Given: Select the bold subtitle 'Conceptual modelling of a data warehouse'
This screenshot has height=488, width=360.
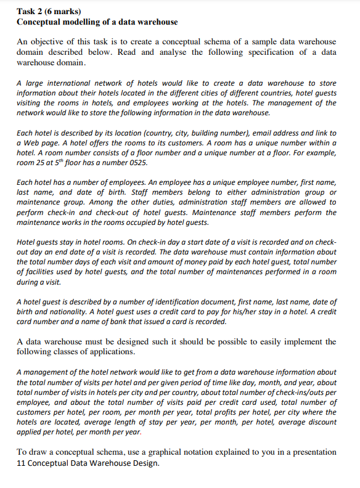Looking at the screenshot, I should [97, 22].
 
